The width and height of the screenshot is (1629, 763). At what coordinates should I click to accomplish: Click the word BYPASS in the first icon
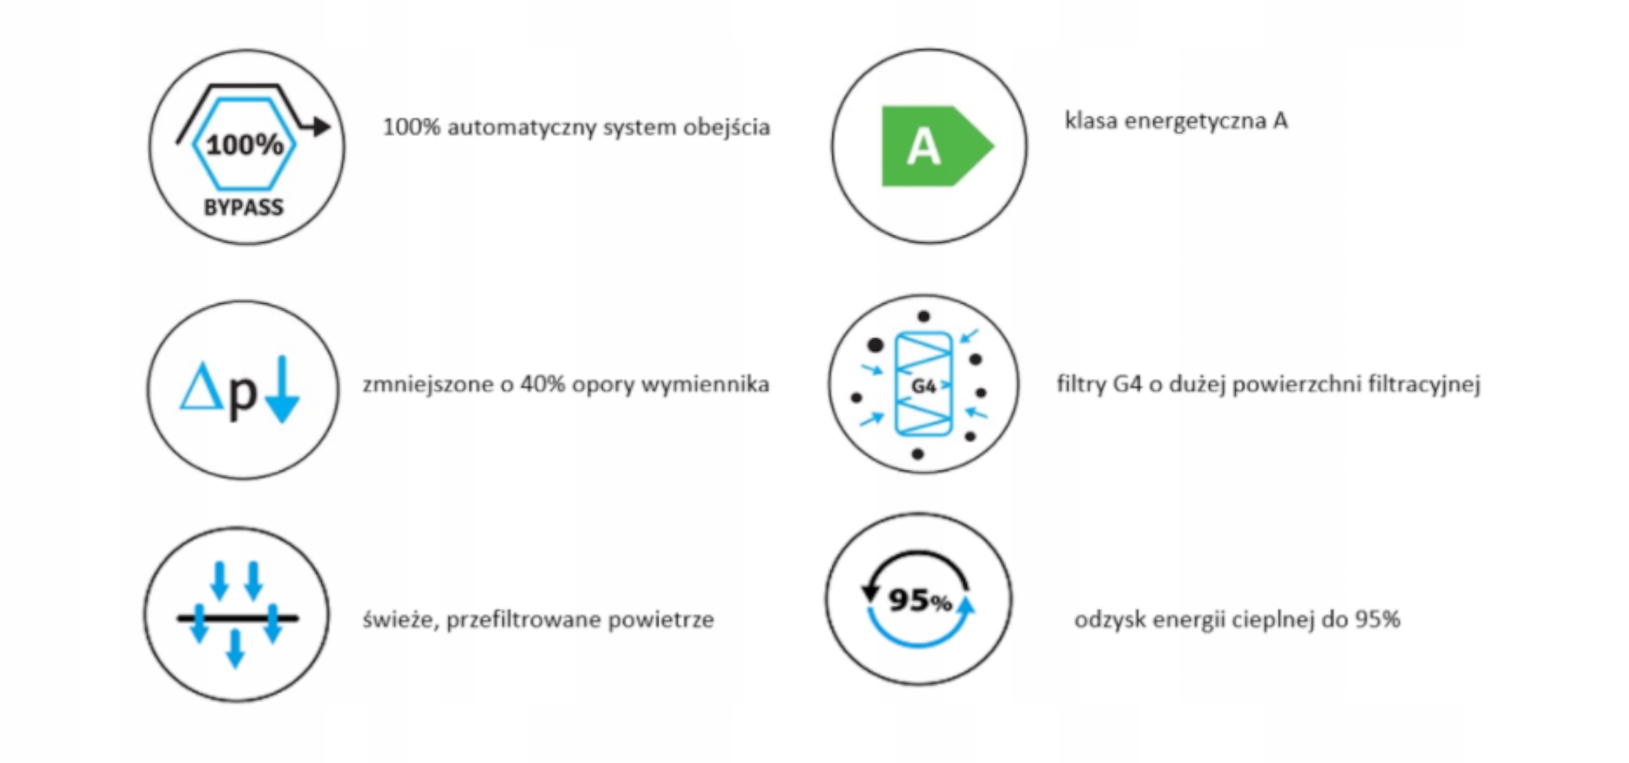244,207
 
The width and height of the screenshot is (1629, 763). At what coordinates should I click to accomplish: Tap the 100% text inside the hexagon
245,145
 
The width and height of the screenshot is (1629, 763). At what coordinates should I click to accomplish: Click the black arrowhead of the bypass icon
322,127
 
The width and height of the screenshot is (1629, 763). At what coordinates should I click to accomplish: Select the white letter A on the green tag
923,147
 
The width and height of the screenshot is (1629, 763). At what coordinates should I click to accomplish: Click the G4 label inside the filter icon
923,386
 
